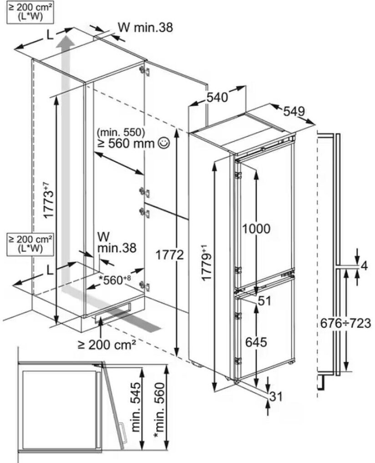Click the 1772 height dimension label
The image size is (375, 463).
(170, 255)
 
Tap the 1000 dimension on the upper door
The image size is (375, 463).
(256, 228)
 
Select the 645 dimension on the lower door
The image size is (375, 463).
(257, 341)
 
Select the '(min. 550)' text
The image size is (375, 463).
(121, 133)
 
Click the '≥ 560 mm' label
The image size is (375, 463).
(126, 144)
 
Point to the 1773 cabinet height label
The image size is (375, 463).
(48, 199)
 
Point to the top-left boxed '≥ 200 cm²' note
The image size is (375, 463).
(28, 11)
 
